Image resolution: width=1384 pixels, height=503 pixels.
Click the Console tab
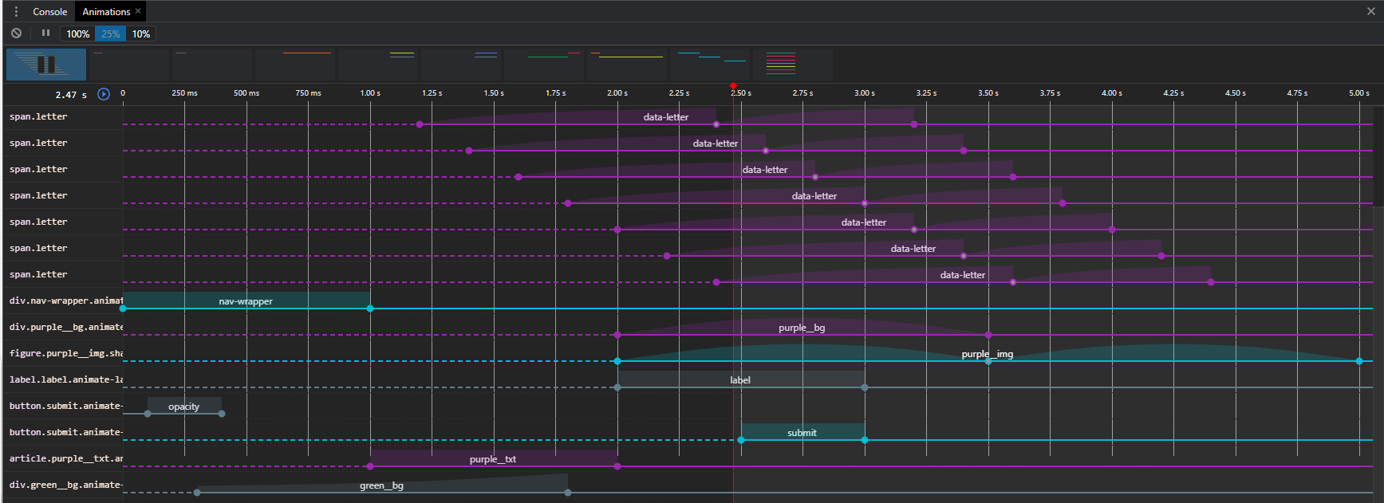click(49, 12)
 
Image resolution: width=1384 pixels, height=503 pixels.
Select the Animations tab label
click(106, 12)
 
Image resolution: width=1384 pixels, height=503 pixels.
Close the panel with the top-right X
click(1370, 11)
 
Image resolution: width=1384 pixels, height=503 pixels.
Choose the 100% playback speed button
click(77, 33)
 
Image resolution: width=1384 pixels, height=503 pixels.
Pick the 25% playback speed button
click(110, 33)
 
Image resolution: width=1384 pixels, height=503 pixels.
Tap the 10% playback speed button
click(141, 33)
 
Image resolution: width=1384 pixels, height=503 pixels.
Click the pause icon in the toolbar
click(45, 33)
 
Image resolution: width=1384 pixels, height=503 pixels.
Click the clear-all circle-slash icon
click(16, 33)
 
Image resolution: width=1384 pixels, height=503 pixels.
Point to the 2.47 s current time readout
click(71, 95)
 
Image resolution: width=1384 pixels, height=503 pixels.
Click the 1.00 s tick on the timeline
click(370, 93)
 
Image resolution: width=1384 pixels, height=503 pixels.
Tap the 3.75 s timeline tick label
click(1050, 93)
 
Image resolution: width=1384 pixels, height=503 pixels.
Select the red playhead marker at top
click(733, 85)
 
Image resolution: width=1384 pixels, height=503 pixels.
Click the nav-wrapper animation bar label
click(246, 301)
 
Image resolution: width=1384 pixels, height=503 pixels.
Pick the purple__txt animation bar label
click(493, 459)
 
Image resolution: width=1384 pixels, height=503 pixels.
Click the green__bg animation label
click(381, 485)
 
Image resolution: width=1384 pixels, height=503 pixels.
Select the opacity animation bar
click(184, 406)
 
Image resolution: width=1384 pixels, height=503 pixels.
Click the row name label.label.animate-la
click(66, 379)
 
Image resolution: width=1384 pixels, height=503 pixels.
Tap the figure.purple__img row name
click(66, 353)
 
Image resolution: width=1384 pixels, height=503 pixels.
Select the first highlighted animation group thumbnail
click(46, 65)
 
